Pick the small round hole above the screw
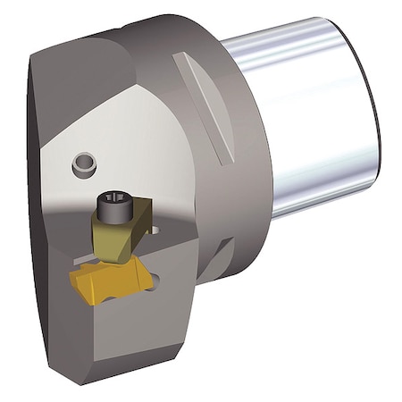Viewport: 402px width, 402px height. [x=84, y=163]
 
